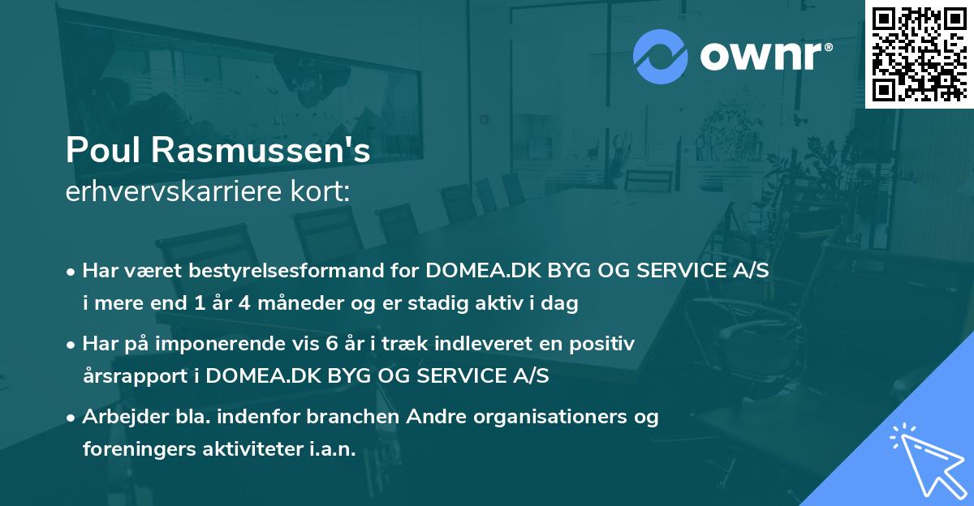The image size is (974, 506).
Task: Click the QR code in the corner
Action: coord(919,54)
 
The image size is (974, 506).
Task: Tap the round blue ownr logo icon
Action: coord(662,56)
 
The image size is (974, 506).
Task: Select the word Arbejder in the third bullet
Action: coord(121,418)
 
